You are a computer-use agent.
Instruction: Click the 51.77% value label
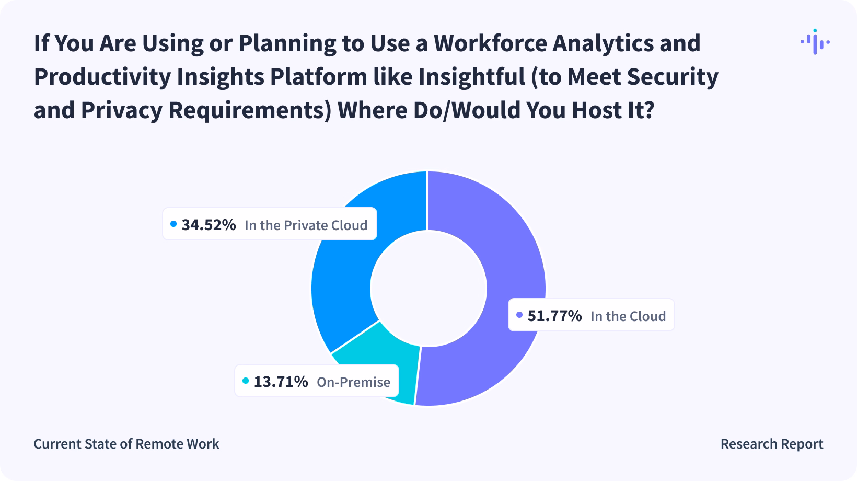click(x=554, y=316)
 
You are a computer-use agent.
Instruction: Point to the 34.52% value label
click(x=209, y=225)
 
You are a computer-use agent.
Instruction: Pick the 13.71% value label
click(x=281, y=382)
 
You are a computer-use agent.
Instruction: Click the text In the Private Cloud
click(x=306, y=225)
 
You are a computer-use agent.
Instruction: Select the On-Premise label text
click(x=353, y=382)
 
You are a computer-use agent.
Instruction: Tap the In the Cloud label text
click(x=628, y=316)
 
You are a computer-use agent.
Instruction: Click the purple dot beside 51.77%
click(x=519, y=315)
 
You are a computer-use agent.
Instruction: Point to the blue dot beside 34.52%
click(x=173, y=224)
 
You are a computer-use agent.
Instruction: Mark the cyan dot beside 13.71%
click(x=246, y=381)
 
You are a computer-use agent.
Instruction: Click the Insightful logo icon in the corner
click(x=815, y=42)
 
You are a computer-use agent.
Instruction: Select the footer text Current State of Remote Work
click(x=126, y=444)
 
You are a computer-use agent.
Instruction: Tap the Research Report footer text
click(x=771, y=444)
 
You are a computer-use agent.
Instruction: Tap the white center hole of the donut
click(x=428, y=288)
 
